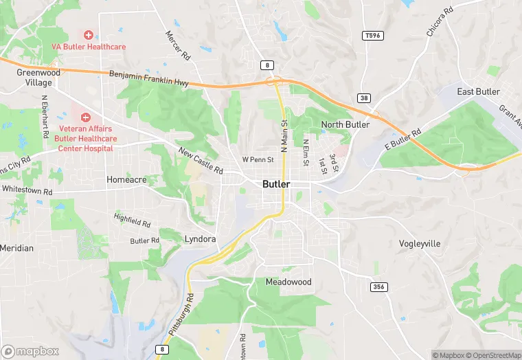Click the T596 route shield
point(372,35)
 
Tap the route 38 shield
point(363,98)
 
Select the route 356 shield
point(378,286)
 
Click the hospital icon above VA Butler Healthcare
point(89,34)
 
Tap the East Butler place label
point(479,92)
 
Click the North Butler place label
point(345,124)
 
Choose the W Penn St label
point(258,160)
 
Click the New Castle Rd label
point(201,161)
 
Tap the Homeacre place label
point(126,179)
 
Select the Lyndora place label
point(201,239)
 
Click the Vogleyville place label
point(420,244)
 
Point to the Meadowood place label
point(288,282)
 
